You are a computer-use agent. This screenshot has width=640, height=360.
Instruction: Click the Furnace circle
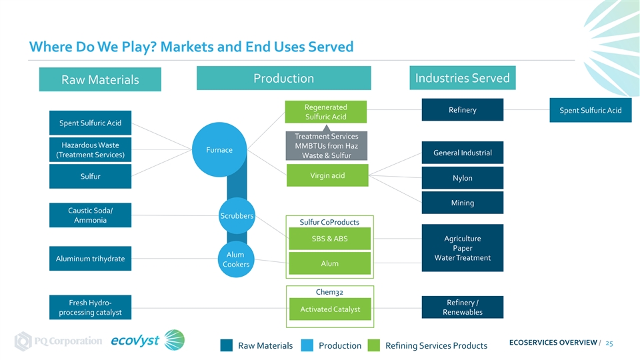tap(220, 150)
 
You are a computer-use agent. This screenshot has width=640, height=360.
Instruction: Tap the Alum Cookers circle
tap(235, 259)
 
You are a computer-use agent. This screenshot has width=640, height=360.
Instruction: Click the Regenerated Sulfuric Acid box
tap(325, 112)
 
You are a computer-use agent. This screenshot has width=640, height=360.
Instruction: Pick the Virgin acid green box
tap(327, 175)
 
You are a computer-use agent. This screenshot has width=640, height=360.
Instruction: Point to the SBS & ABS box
tap(329, 239)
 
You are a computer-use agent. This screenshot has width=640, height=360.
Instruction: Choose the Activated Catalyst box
tap(330, 309)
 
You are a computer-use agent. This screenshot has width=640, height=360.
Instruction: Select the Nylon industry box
tap(462, 178)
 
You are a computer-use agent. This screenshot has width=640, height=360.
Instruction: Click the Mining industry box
tap(462, 203)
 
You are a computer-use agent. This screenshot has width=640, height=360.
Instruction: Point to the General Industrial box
tap(462, 153)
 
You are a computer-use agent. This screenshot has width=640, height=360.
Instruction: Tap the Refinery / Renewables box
tap(462, 307)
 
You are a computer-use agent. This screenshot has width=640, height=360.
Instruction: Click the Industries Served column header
tap(462, 78)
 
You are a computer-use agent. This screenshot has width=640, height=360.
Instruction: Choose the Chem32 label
tap(329, 291)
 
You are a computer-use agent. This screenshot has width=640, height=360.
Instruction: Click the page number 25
tap(609, 343)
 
